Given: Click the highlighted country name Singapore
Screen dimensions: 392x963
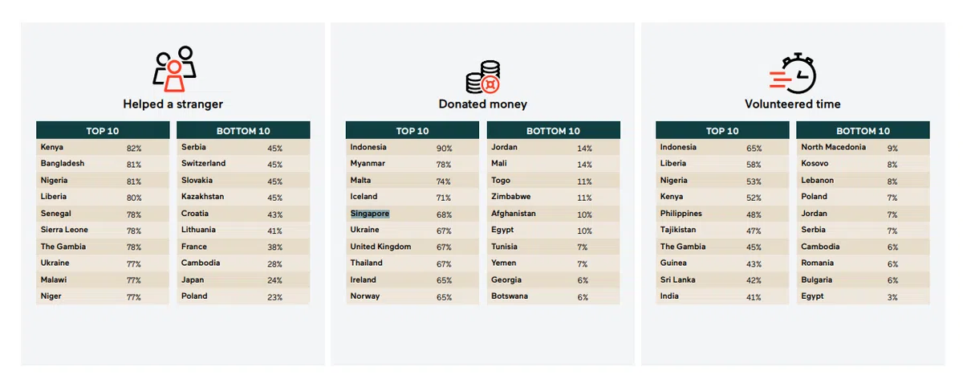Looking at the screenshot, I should click(370, 214).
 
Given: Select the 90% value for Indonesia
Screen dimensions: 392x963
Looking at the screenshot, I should click(444, 149).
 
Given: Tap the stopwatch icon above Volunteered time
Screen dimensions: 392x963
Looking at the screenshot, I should click(793, 72).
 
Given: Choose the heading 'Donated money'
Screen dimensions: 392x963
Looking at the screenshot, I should click(483, 104).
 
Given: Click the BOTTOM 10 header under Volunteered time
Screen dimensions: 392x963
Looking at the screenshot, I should click(863, 131).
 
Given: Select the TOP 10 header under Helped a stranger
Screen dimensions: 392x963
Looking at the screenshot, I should click(103, 131).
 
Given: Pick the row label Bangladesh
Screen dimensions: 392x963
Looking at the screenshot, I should click(63, 164).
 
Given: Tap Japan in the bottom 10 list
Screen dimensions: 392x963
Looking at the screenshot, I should click(193, 280).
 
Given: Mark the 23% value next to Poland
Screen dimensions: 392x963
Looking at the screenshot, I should click(274, 297).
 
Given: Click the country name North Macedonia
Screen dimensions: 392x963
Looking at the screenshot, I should click(833, 148).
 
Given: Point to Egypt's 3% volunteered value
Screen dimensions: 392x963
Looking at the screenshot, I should click(892, 297).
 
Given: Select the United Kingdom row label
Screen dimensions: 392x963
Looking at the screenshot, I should click(380, 247).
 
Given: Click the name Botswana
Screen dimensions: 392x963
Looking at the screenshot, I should click(510, 296).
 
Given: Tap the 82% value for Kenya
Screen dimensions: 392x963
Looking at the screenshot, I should click(134, 149).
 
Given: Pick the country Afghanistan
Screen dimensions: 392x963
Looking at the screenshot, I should click(514, 214).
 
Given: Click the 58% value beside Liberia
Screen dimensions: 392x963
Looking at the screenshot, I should click(754, 165).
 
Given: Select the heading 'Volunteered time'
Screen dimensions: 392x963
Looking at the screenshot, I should click(793, 104).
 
